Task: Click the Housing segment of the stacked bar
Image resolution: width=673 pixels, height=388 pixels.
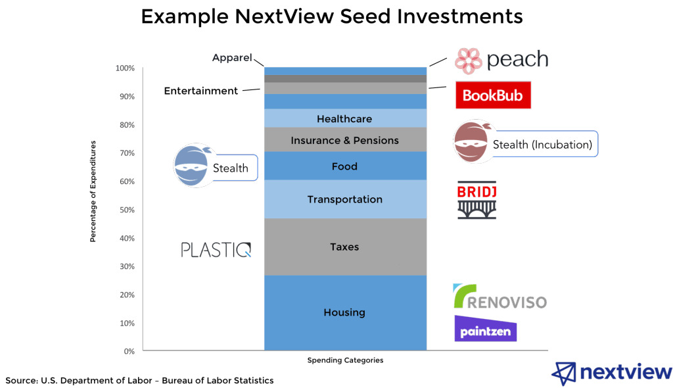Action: [344, 312]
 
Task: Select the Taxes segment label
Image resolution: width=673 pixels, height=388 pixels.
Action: [344, 247]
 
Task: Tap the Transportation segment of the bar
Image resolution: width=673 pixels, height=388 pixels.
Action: [344, 199]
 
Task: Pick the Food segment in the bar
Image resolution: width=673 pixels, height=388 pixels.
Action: [344, 166]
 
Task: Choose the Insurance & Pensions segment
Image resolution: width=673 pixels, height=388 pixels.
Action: [344, 140]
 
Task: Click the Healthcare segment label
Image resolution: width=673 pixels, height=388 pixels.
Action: [344, 119]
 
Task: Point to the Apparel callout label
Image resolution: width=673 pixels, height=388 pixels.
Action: [232, 58]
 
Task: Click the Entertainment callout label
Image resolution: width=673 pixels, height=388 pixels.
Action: [200, 91]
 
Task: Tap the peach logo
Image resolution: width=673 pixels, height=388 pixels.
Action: [501, 60]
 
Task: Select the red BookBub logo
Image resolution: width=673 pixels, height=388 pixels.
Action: [493, 95]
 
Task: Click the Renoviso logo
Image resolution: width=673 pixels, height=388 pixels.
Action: [499, 297]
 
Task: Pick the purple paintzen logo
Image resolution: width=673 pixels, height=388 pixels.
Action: [485, 329]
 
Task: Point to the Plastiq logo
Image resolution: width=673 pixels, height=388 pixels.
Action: [216, 250]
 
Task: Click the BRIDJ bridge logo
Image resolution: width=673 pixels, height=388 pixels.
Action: [477, 199]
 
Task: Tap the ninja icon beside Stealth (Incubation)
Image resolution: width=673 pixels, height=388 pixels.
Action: [473, 142]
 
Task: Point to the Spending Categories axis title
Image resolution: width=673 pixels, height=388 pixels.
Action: [345, 360]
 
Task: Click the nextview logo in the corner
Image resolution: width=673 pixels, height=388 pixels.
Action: [611, 373]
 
